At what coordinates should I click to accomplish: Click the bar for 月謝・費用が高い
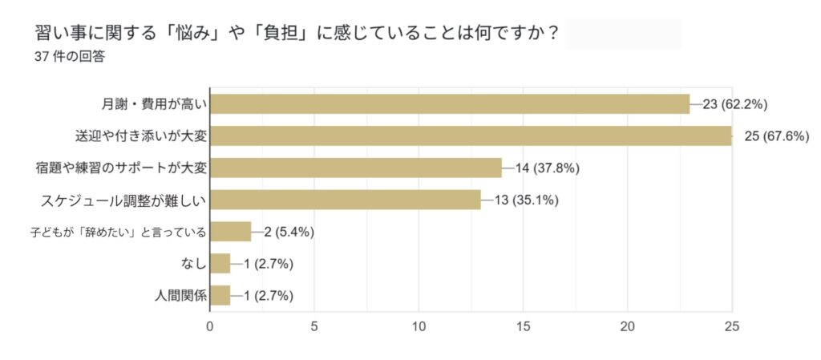449,103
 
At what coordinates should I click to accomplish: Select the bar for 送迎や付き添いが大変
471,136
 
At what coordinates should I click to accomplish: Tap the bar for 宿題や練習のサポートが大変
355,168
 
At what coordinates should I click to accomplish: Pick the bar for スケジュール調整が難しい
345,200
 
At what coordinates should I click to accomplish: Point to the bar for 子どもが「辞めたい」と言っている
230,232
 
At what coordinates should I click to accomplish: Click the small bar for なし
220,264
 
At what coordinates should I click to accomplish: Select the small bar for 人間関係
220,295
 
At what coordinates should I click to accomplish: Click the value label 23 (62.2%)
735,103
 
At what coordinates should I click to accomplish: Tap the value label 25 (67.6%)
777,136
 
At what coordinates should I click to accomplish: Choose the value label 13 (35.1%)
526,200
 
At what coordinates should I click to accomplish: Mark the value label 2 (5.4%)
288,232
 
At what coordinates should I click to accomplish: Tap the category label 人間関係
180,295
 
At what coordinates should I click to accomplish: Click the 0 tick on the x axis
209,326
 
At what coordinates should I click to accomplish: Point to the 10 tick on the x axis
419,326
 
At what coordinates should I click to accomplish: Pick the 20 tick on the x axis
627,326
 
